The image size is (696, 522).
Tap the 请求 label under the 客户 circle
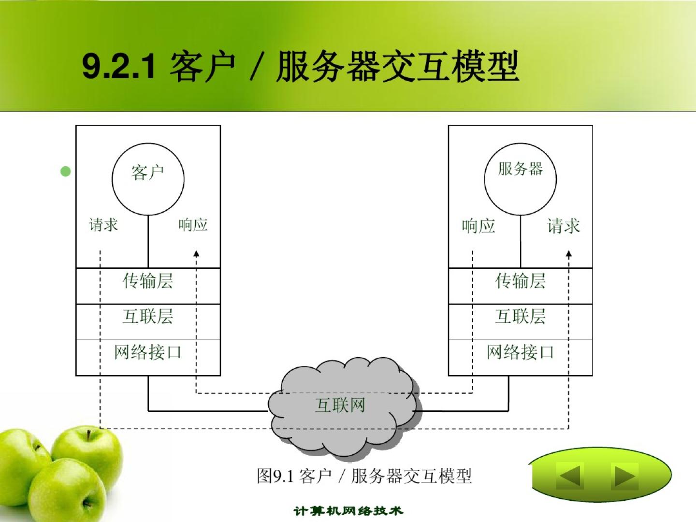(x=103, y=225)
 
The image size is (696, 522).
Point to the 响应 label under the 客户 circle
(x=193, y=225)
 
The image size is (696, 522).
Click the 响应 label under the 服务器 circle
(x=478, y=226)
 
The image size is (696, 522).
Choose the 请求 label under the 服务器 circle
(x=564, y=226)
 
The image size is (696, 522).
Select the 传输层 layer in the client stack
(x=148, y=286)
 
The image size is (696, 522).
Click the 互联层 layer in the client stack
(x=148, y=322)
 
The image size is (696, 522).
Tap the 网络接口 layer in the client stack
(x=148, y=358)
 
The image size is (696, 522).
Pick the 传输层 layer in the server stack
(x=521, y=286)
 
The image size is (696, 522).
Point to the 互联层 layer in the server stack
(x=521, y=322)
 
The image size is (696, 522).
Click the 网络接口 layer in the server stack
(x=521, y=358)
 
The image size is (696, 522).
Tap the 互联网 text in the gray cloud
(x=340, y=405)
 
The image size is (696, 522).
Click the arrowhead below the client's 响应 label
(x=197, y=254)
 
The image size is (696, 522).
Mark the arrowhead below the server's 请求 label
(x=569, y=254)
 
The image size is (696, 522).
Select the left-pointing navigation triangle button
(x=570, y=476)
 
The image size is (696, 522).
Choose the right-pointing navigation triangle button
(x=624, y=476)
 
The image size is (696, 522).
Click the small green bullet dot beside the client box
(x=66, y=172)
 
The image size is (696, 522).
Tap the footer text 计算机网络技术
(x=348, y=511)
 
